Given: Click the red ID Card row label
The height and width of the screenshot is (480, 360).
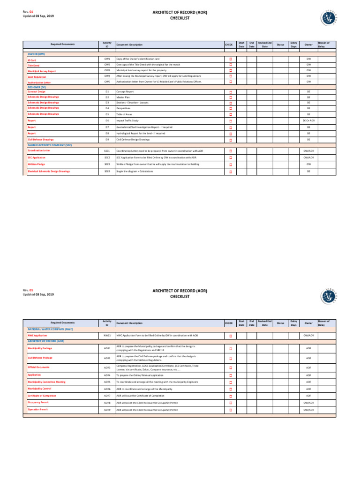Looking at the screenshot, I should pyautogui.click(x=31, y=60).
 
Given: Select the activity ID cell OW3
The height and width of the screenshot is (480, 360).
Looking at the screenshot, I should pyautogui.click(x=107, y=70).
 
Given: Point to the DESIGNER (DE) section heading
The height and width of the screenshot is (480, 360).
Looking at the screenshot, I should pyautogui.click(x=37, y=87).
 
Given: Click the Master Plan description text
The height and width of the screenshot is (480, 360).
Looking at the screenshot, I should pyautogui.click(x=124, y=97).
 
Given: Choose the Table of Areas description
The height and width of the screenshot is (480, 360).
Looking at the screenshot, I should pyautogui.click(x=125, y=114).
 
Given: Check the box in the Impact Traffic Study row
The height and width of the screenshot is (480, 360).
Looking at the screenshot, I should pyautogui.click(x=231, y=121).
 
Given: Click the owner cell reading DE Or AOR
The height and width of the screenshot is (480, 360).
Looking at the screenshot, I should pyautogui.click(x=308, y=121).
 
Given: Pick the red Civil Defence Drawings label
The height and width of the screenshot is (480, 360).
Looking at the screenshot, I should pyautogui.click(x=41, y=140).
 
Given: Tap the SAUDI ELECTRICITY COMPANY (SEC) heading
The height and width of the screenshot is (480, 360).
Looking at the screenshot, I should pyautogui.click(x=49, y=145).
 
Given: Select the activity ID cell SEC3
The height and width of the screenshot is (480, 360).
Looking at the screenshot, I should pyautogui.click(x=107, y=165).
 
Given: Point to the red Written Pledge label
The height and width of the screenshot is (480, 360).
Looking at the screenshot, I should pyautogui.click(x=36, y=165).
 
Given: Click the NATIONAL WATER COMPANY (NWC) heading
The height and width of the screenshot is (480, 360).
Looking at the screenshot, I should pyautogui.click(x=50, y=330).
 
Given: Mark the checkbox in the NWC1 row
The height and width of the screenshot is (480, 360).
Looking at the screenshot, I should pyautogui.click(x=231, y=336).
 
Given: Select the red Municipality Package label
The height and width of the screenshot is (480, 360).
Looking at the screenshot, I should pyautogui.click(x=40, y=349).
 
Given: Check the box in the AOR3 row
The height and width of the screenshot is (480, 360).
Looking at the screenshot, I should pyautogui.click(x=231, y=368).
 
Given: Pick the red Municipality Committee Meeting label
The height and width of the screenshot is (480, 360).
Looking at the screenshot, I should pyautogui.click(x=46, y=382).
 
